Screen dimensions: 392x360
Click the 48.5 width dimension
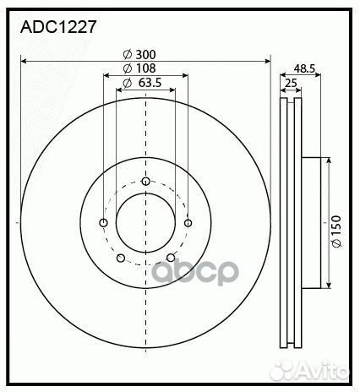pyautogui.click(x=305, y=67)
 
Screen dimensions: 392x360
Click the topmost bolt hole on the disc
pyautogui.click(x=146, y=182)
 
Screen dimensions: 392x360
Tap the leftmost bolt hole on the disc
pyautogui.click(x=104, y=223)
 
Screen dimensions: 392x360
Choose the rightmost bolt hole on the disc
pyautogui.click(x=187, y=223)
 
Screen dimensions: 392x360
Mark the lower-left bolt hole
pyautogui.click(x=121, y=259)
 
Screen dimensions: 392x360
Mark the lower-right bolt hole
pyautogui.click(x=171, y=259)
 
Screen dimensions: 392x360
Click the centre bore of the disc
pyautogui.click(x=145, y=224)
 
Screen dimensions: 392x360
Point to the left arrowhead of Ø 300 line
pyautogui.click(x=24, y=61)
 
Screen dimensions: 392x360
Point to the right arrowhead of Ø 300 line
pyautogui.click(x=268, y=61)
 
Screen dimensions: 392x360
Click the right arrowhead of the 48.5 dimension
pyautogui.click(x=319, y=74)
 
